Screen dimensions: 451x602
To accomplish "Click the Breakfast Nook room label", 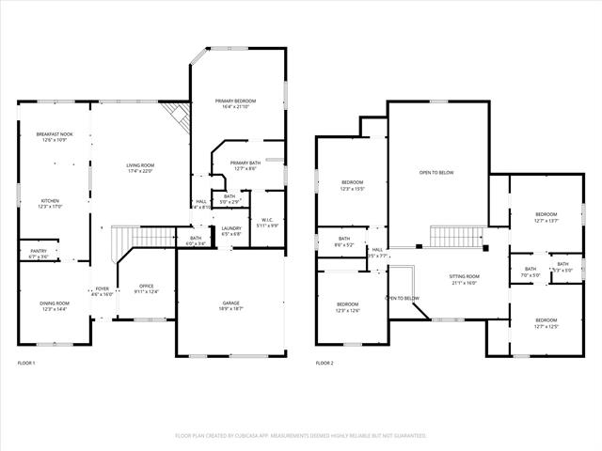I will tap(55, 137).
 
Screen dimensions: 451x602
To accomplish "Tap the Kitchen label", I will tap(50, 203).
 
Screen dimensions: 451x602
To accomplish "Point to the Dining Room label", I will tap(54, 306).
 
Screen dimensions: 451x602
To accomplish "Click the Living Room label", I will tap(139, 168).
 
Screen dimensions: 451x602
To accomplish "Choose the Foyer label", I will tap(102, 291).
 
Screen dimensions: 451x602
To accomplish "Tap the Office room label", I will tap(146, 288).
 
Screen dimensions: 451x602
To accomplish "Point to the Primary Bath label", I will tap(239, 165).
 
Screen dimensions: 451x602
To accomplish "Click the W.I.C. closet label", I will tap(266, 223).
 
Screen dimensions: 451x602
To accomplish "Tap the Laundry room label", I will tap(231, 231).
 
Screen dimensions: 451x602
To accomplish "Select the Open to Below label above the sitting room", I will tap(436, 173).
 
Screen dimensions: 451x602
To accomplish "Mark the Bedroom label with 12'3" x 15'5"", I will tap(352, 185).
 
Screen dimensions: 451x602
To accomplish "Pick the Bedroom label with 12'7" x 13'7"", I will tap(547, 217).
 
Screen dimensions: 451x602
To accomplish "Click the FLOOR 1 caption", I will tap(26, 363).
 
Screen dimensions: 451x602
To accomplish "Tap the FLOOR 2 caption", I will tap(325, 363).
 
